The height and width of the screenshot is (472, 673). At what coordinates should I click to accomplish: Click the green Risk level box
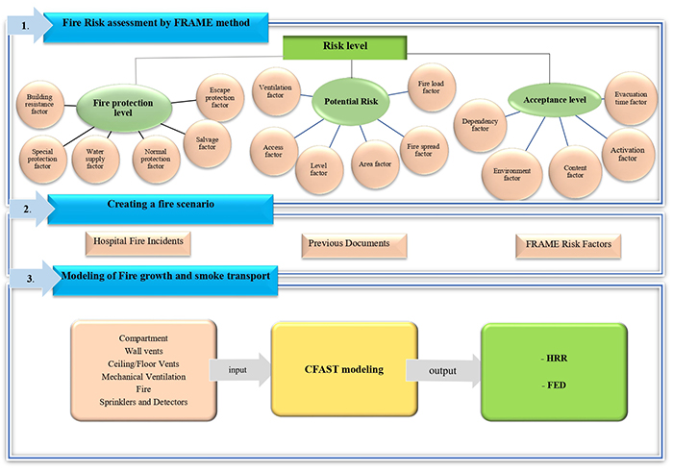click(x=344, y=45)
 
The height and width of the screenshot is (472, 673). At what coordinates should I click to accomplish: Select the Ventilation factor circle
click(x=277, y=92)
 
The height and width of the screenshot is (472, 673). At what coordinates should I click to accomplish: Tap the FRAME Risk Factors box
click(x=569, y=243)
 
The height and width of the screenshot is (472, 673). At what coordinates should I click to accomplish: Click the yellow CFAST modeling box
click(x=344, y=367)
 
